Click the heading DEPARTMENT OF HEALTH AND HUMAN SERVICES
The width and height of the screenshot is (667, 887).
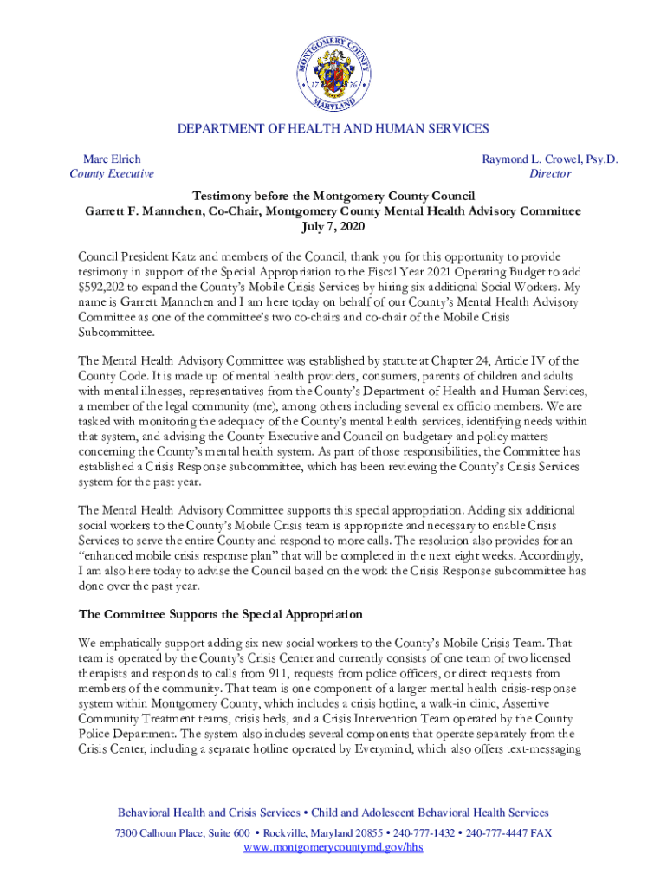click(x=333, y=129)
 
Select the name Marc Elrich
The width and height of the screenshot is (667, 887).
click(x=112, y=159)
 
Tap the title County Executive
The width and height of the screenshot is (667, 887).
click(x=112, y=174)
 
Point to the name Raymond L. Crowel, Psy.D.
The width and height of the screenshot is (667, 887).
click(x=550, y=159)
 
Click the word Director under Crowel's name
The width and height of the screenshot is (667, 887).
click(x=550, y=174)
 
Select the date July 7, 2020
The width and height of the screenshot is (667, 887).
click(x=333, y=227)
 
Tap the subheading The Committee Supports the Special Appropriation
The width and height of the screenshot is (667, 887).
click(x=220, y=614)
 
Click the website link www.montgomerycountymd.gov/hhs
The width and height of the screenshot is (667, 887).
click(x=333, y=848)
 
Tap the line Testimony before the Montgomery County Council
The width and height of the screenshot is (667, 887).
click(x=333, y=196)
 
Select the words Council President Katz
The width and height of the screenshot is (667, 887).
click(x=133, y=257)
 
